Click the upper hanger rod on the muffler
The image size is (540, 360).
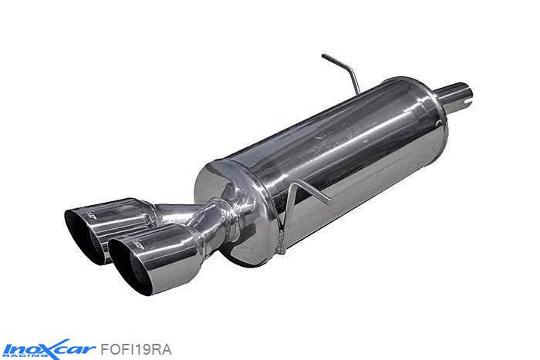coord(344,68)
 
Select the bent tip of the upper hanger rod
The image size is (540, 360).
coord(326,57)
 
